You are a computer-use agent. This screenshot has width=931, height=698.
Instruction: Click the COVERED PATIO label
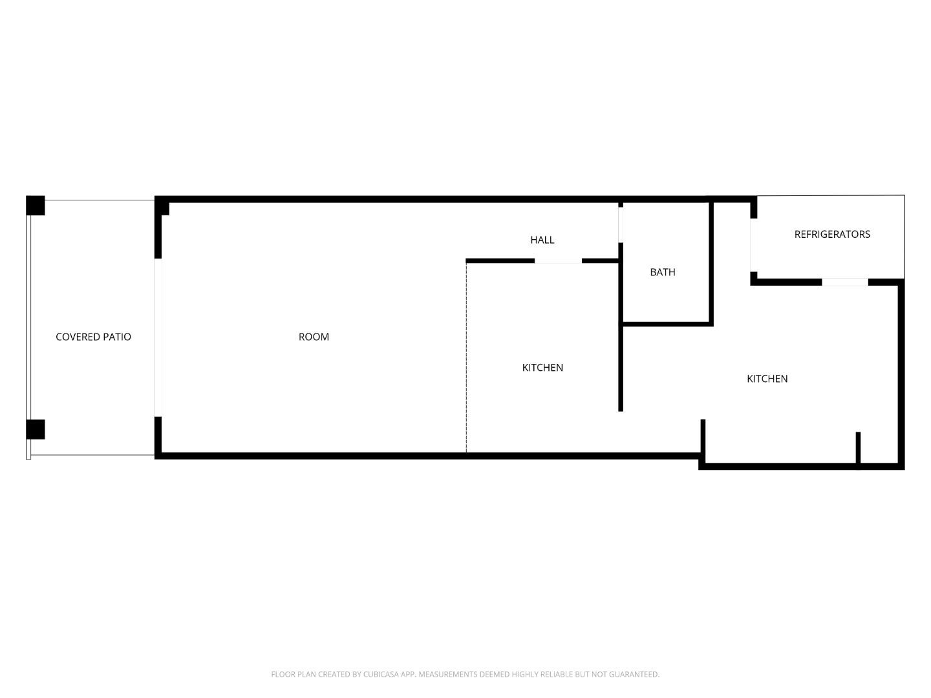(x=93, y=337)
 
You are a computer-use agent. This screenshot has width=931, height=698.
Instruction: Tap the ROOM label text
(x=314, y=337)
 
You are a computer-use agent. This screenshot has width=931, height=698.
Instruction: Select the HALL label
(x=542, y=240)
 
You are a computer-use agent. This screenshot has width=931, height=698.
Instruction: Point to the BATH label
(x=662, y=272)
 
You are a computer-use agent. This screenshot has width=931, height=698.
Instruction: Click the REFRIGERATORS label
(x=832, y=234)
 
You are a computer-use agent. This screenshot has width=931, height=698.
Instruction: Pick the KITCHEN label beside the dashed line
(x=542, y=368)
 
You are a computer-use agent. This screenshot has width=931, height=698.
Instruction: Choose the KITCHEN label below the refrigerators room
(x=767, y=379)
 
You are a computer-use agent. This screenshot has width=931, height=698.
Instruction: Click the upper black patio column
(x=36, y=206)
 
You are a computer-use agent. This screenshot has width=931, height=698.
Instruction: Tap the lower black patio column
(x=36, y=429)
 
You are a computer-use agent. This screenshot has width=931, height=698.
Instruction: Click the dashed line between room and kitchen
(x=466, y=355)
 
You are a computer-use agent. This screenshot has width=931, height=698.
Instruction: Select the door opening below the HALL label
(x=558, y=261)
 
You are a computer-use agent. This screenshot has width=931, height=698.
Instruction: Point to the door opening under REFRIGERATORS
(x=844, y=282)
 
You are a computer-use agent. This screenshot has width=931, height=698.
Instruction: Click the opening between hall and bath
(x=621, y=224)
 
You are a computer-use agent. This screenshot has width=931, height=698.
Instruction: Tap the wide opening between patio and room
(x=158, y=337)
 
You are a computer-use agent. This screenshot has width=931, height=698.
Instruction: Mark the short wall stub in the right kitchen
(x=858, y=447)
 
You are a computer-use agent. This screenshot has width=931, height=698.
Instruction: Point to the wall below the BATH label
(x=666, y=323)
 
